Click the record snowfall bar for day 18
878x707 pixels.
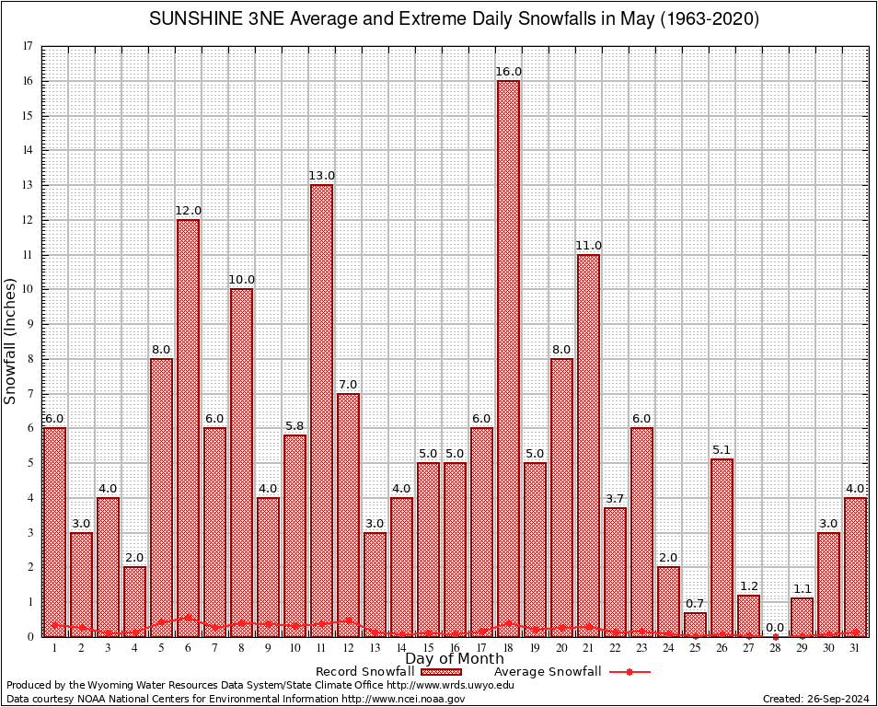point(508,359)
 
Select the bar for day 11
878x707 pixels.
point(321,411)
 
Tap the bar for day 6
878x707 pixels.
point(188,428)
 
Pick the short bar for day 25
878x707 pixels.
point(695,625)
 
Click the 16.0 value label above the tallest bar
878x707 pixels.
point(508,72)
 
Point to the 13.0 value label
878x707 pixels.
point(321,176)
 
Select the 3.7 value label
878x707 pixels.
point(615,499)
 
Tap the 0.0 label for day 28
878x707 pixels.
point(775,627)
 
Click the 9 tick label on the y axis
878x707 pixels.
point(31,324)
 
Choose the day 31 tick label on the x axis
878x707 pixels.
point(855,648)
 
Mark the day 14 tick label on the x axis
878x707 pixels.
point(401,648)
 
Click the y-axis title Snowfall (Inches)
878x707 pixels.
point(11,341)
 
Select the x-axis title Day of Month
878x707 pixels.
point(455,658)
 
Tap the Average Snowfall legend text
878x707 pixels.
point(547,671)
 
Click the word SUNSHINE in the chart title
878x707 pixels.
point(200,19)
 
